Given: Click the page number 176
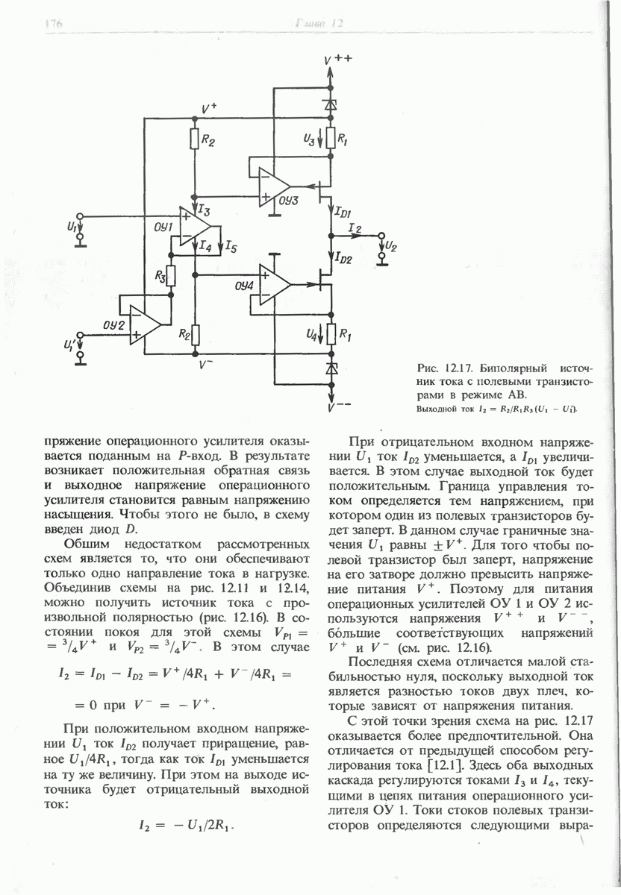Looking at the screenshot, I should [x=52, y=24].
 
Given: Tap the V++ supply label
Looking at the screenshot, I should [x=337, y=60].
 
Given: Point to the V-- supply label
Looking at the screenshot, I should [x=338, y=409].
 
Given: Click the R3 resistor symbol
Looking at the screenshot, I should [x=170, y=276].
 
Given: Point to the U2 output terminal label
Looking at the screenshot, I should [x=391, y=247].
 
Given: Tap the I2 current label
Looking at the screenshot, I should [x=355, y=227].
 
